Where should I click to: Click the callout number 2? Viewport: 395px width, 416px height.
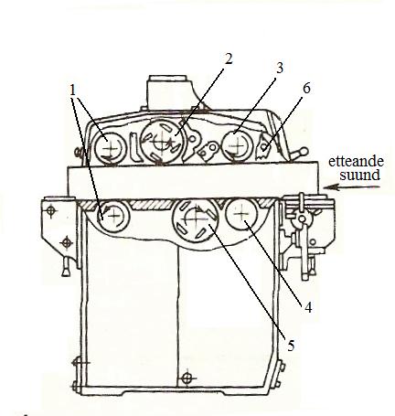click(229, 59)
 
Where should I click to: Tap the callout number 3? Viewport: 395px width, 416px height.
click(279, 68)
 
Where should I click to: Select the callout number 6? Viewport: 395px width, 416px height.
click(306, 89)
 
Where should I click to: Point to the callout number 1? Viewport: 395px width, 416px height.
click(73, 91)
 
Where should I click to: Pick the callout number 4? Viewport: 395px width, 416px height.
click(308, 307)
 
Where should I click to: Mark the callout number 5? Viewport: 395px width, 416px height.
click(291, 346)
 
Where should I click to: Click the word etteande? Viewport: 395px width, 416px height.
click(356, 161)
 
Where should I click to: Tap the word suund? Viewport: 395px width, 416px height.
click(359, 176)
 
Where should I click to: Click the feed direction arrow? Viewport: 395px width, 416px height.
click(351, 187)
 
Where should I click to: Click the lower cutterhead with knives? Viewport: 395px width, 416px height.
click(195, 220)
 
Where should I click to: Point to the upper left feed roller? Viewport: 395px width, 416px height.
click(110, 148)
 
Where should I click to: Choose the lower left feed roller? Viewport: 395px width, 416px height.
click(114, 216)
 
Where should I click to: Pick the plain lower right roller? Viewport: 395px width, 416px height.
click(241, 214)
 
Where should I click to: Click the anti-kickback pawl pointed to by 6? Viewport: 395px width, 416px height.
click(263, 148)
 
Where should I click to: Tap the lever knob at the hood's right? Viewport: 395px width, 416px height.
click(304, 151)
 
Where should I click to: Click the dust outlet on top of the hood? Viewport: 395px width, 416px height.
click(169, 91)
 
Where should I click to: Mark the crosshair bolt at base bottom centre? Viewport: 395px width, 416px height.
click(187, 379)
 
